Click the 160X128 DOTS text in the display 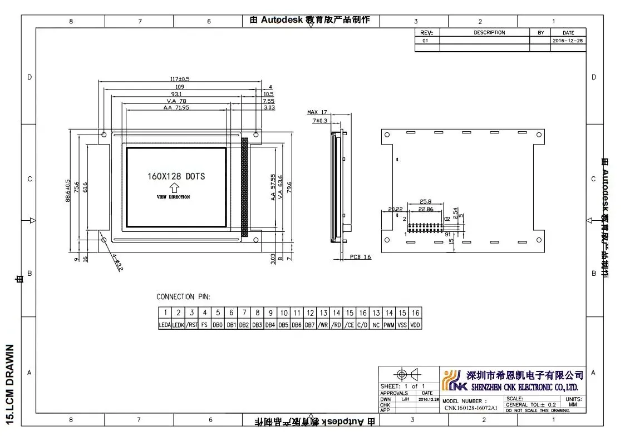pyautogui.click(x=176, y=176)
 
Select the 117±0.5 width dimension pyautogui.click(x=180, y=78)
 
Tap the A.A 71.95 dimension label pyautogui.click(x=176, y=107)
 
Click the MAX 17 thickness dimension pyautogui.click(x=317, y=112)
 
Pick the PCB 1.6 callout pyautogui.click(x=361, y=257)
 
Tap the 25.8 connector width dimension pyautogui.click(x=426, y=201)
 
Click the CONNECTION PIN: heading pyautogui.click(x=183, y=297)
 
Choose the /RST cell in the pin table pyautogui.click(x=192, y=325)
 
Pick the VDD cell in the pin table pyautogui.click(x=415, y=325)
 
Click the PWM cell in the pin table pyautogui.click(x=389, y=325)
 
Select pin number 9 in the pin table pyautogui.click(x=270, y=313)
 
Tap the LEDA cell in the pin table pyautogui.click(x=165, y=325)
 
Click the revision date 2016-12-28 pyautogui.click(x=568, y=41)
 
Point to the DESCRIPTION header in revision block pyautogui.click(x=489, y=33)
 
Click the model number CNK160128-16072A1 pyautogui.click(x=471, y=408)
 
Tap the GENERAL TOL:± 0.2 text pyautogui.click(x=530, y=405)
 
